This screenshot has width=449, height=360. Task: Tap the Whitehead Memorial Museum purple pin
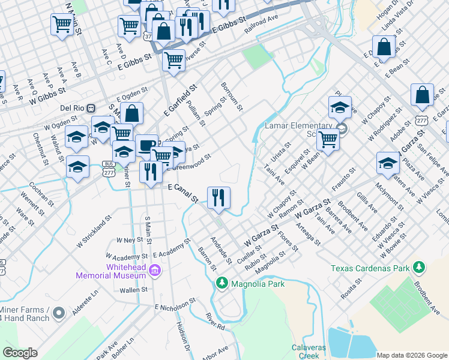coord(155,271)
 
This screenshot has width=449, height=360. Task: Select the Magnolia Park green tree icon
coord(221,282)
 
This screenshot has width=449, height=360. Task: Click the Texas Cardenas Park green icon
coord(419,266)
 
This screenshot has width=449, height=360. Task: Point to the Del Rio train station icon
coord(91,108)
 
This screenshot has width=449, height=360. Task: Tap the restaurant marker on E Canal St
coord(218,197)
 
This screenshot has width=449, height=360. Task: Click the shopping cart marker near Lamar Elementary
coord(328,139)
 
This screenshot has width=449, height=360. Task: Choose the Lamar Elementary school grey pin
coord(341,129)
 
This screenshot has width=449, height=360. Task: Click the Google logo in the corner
coord(20,353)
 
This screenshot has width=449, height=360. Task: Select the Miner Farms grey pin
coord(58,313)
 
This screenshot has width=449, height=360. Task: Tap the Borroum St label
coord(232,97)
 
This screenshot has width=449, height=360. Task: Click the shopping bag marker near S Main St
coord(133,113)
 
